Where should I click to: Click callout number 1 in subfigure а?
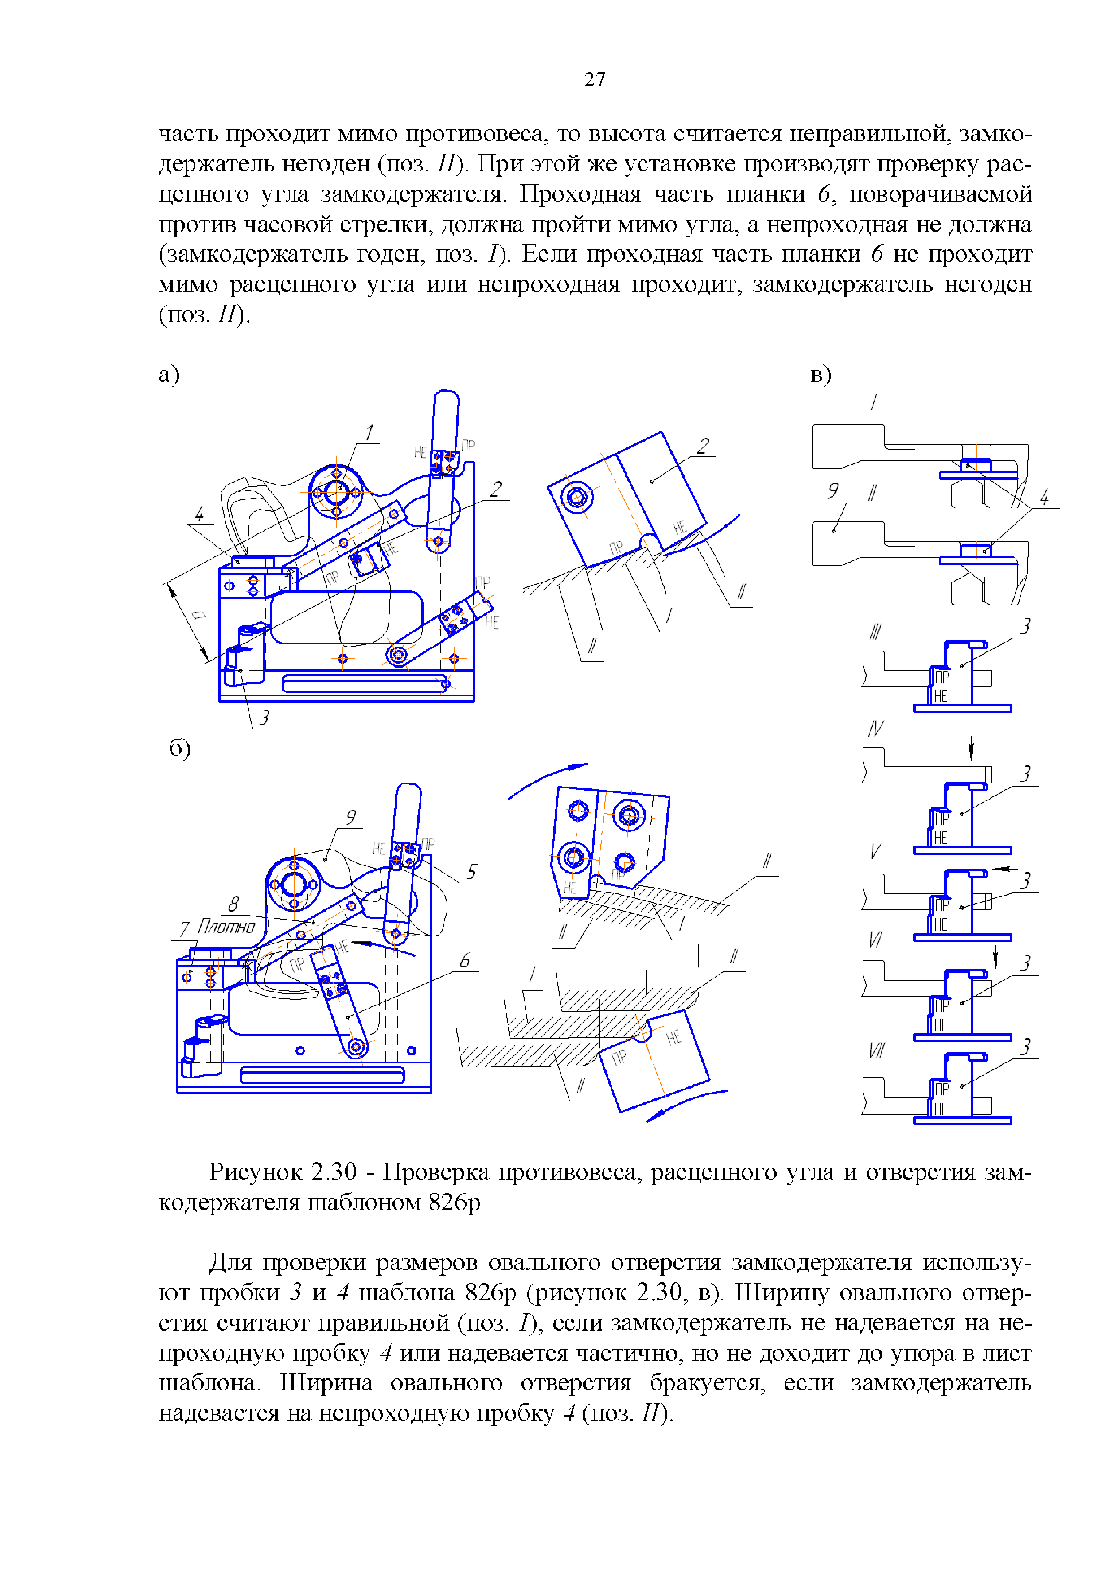coord(369,432)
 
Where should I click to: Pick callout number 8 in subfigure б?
coord(234,904)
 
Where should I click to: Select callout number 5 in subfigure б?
coord(471,871)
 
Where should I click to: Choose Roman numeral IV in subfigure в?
coord(875,729)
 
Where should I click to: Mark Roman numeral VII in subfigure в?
coord(876,1050)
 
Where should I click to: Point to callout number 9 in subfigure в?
coord(833,490)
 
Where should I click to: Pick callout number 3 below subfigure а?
coord(265,717)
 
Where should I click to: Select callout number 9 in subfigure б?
coord(350,817)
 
